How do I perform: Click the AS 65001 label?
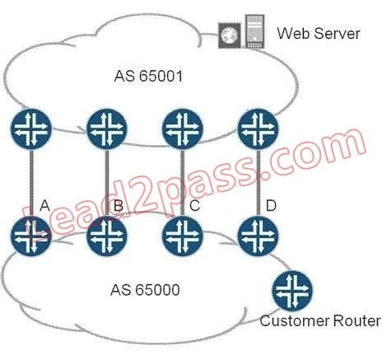coord(148,76)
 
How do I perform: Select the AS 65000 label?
coord(145,290)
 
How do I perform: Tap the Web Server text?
coord(319,33)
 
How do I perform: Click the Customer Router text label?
coord(320,320)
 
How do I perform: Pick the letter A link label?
coord(44,205)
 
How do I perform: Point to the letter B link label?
coord(119,205)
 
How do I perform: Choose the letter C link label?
coord(194,205)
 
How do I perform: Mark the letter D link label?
coord(271,205)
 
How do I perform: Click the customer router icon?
coord(292,291)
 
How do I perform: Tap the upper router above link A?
coord(31,129)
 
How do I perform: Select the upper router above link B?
coord(107,129)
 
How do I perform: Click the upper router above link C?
coord(183,129)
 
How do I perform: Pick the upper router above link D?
coord(258,129)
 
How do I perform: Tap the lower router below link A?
coord(31,236)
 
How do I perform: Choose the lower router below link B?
coord(107,236)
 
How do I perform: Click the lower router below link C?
coord(183,236)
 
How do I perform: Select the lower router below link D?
coord(258,236)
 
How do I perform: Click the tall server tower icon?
coord(254,31)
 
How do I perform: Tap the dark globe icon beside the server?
coord(230,35)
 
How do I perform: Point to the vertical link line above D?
coord(258,183)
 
